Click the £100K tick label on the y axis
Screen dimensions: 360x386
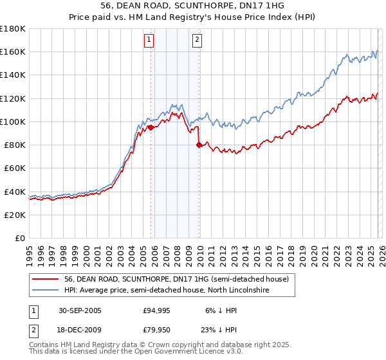pos(13,122)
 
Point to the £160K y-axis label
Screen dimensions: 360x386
pos(13,51)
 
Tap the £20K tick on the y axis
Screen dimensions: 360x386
pos(15,215)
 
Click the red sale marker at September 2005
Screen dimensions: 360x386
pos(151,127)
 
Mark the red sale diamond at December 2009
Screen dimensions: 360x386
pos(199,145)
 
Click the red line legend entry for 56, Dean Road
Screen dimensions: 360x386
pos(179,279)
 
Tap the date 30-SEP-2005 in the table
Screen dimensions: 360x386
pos(81,310)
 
